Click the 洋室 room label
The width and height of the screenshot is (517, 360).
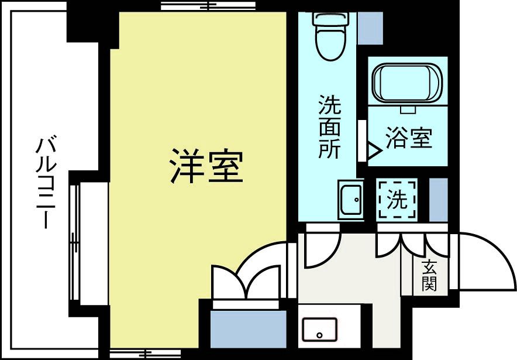point(206,166)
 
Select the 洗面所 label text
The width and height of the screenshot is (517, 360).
point(329,127)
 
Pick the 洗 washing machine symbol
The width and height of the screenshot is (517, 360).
point(397,200)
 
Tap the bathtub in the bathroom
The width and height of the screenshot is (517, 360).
point(407,82)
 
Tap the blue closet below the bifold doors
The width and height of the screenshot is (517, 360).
point(248,329)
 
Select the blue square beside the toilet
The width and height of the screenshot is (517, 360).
point(370,28)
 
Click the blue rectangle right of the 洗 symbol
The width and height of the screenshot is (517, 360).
point(439,200)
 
